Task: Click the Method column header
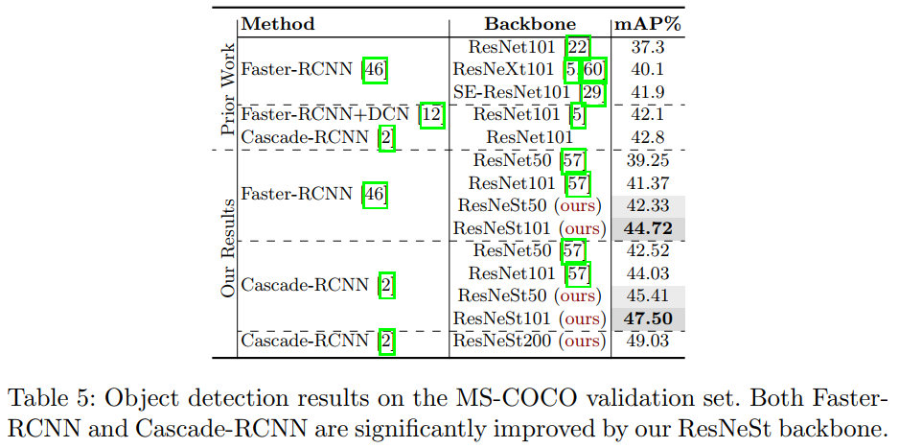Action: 278,24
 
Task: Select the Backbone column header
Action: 530,24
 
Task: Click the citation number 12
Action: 433,115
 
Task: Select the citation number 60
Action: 594,70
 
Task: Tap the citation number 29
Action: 594,92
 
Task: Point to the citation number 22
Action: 578,47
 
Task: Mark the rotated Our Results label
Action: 227,247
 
